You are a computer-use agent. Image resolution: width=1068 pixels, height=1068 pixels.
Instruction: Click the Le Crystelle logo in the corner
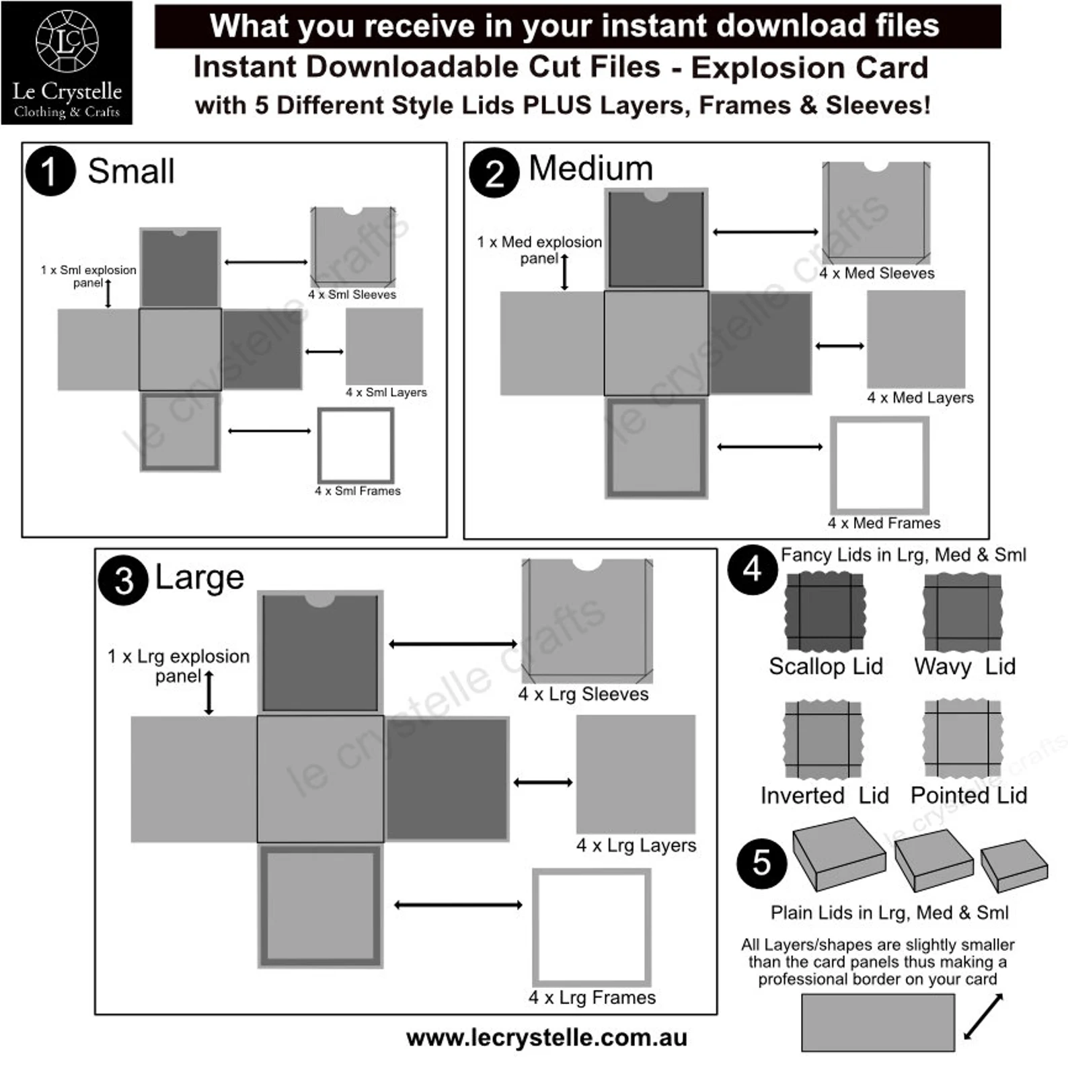pos(67,63)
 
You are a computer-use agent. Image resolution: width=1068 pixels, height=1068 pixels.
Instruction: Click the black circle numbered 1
pos(50,171)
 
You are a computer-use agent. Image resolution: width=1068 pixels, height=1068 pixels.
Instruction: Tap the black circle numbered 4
pos(753,570)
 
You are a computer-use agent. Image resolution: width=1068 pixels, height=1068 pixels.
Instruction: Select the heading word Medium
pos(590,168)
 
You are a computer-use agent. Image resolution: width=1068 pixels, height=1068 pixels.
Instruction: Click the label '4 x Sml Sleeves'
pos(352,295)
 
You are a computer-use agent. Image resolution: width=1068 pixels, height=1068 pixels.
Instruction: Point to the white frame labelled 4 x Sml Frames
pos(356,445)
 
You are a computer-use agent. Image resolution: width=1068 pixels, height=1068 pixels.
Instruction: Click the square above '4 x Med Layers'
pos(915,339)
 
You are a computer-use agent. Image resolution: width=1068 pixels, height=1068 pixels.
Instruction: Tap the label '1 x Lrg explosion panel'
pos(179,665)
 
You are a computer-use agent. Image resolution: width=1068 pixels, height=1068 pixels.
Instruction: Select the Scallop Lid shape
pos(825,611)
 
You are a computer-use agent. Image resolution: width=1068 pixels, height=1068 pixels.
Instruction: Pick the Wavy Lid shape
pos(962,611)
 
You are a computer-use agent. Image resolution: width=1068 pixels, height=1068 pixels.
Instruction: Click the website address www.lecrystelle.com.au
pos(547,1038)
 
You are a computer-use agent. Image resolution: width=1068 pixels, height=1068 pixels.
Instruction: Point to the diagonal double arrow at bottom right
pos(983,1016)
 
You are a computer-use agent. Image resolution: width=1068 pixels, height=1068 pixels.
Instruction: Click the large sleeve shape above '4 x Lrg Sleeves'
pos(586,620)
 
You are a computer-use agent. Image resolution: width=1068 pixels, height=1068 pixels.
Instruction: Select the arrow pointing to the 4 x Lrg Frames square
pos(458,905)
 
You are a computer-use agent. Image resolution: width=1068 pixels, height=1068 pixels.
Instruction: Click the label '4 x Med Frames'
pos(884,523)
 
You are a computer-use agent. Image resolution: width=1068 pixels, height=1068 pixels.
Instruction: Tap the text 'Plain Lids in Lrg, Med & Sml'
pos(889,913)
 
